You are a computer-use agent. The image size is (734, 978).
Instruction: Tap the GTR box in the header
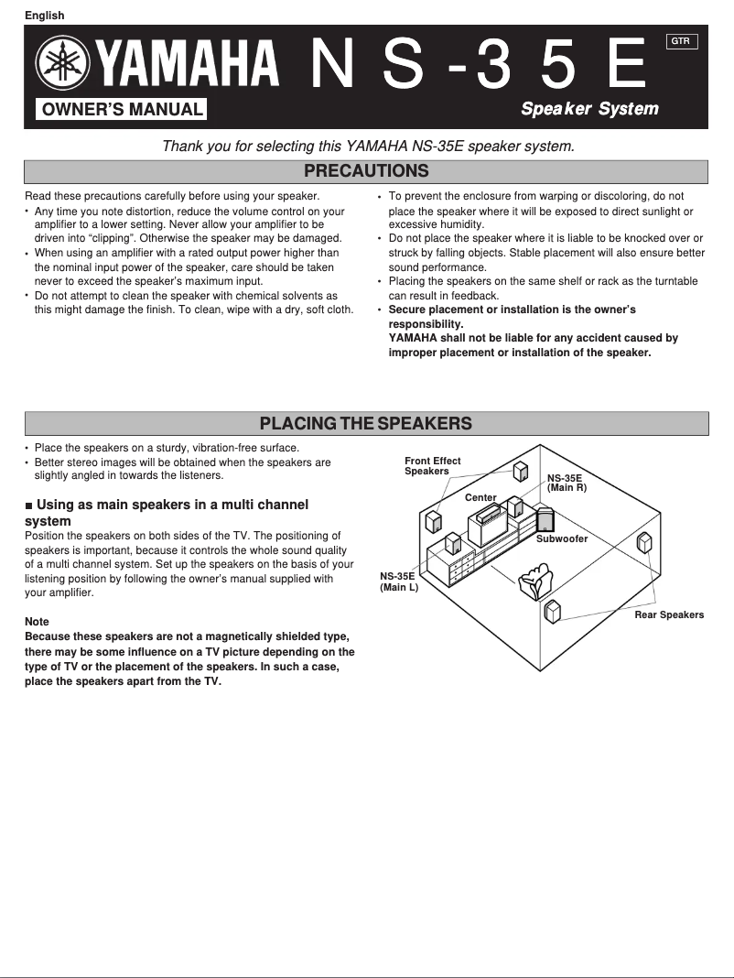(x=682, y=41)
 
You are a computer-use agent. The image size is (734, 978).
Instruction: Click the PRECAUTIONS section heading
(x=366, y=171)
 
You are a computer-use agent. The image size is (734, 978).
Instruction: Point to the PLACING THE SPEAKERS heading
(x=366, y=423)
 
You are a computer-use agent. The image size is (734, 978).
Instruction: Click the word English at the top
(x=44, y=15)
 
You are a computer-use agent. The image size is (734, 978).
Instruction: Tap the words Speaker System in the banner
(x=589, y=109)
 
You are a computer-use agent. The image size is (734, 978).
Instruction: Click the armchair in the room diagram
(x=534, y=581)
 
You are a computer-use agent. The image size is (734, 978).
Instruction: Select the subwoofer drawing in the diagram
(x=544, y=519)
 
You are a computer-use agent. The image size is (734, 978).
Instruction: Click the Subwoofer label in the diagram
(x=562, y=539)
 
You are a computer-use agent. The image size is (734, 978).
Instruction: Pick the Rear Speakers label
(x=669, y=615)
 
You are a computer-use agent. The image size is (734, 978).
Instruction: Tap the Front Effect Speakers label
(x=432, y=466)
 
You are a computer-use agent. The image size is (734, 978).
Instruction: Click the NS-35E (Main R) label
(x=566, y=484)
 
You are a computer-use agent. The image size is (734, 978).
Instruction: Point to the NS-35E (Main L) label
(x=398, y=581)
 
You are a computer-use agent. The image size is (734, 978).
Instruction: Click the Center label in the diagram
(x=480, y=498)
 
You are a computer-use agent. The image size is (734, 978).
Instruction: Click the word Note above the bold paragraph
(x=37, y=622)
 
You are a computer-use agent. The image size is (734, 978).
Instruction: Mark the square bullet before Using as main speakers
(x=29, y=505)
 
